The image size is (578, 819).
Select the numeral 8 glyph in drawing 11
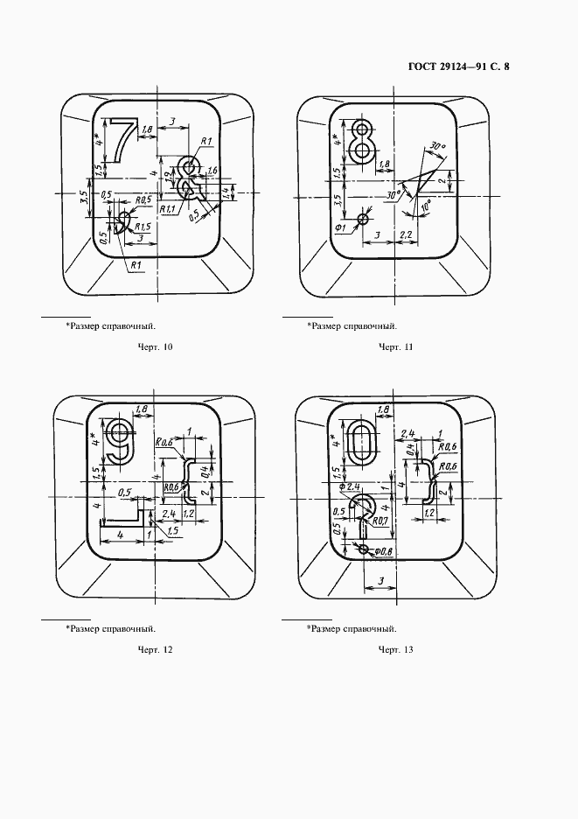click(x=362, y=143)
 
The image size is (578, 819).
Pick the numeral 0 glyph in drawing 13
click(x=361, y=443)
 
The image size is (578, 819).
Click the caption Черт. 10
click(x=156, y=347)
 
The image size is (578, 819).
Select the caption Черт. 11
click(x=395, y=347)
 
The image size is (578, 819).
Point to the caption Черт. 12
click(x=156, y=649)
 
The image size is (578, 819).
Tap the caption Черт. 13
click(x=395, y=649)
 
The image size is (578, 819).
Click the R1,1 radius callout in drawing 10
click(x=168, y=210)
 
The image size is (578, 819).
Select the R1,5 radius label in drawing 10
click(x=143, y=227)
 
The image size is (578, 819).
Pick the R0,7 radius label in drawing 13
click(x=380, y=522)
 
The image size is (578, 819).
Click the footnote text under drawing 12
click(x=110, y=628)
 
